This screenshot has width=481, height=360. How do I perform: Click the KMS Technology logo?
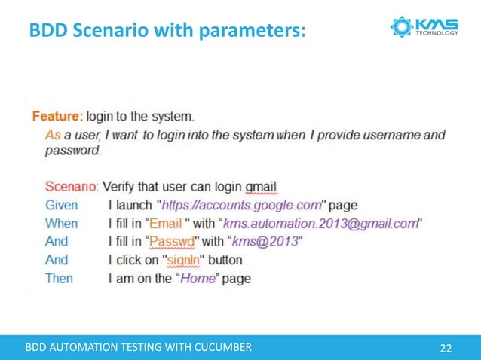(x=424, y=28)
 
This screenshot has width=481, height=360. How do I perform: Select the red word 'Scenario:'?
(x=72, y=185)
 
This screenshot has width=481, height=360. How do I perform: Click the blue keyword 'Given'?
(x=61, y=205)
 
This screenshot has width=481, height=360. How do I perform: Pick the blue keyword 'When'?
(x=61, y=223)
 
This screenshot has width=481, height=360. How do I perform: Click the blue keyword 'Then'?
(x=60, y=278)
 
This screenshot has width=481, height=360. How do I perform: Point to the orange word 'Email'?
(x=165, y=223)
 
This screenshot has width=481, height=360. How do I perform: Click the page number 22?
(x=446, y=347)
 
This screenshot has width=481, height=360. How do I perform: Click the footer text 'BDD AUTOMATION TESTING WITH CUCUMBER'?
(x=139, y=347)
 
